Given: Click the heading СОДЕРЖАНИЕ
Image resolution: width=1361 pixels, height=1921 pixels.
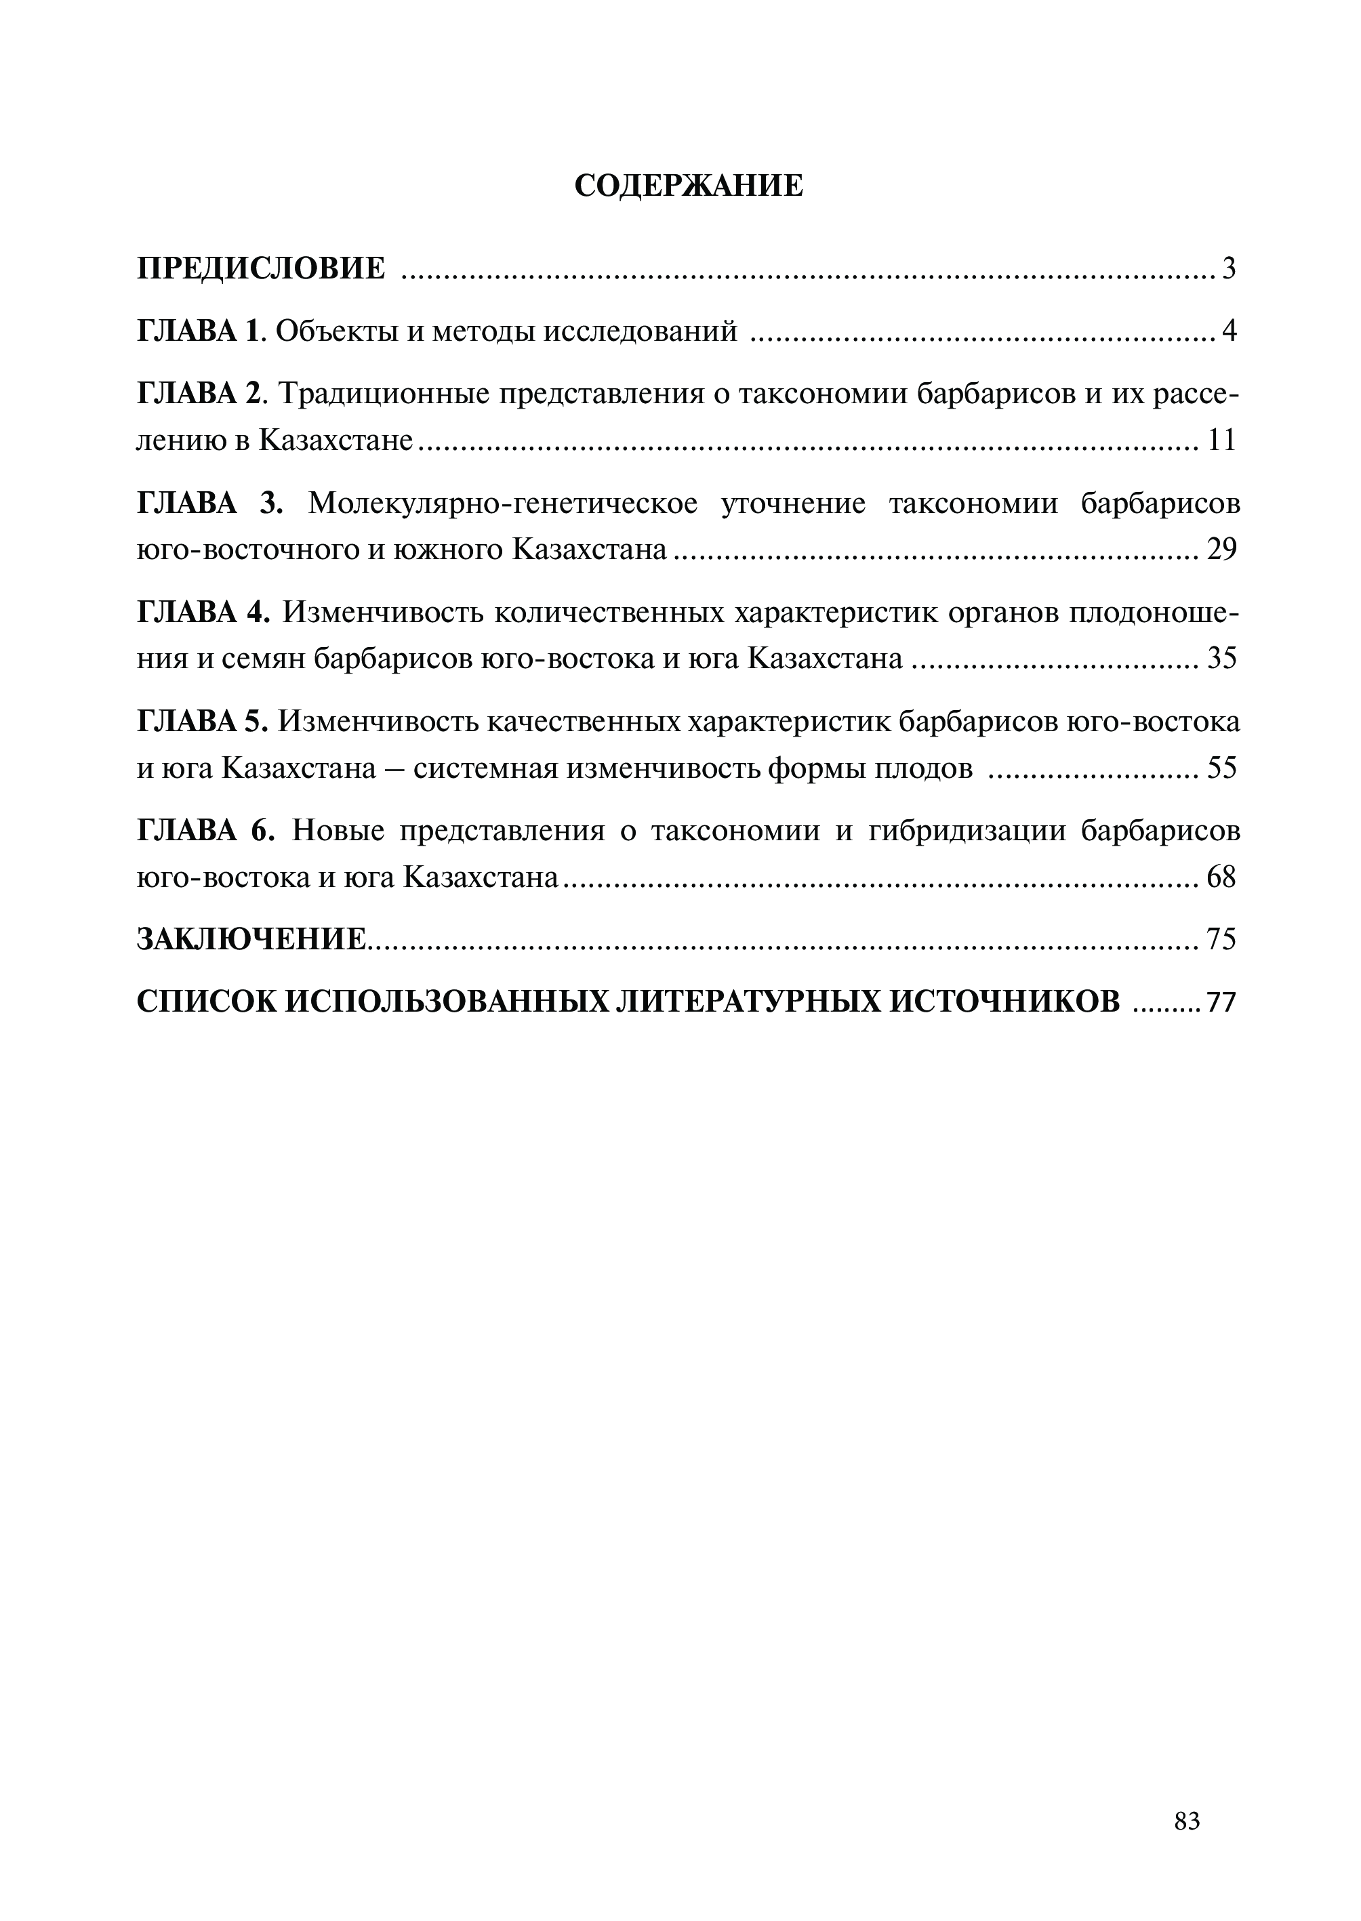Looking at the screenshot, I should (688, 186).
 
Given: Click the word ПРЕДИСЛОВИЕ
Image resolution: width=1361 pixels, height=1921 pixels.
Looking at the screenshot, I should (261, 269).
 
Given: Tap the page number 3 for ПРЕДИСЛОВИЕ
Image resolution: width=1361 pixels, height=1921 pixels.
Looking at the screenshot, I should (1229, 269).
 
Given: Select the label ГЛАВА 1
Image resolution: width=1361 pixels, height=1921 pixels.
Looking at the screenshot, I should (199, 332).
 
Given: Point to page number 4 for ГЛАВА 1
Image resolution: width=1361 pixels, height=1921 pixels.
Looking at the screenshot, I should (1229, 332).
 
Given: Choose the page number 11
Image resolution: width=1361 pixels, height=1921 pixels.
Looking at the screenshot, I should (1222, 440).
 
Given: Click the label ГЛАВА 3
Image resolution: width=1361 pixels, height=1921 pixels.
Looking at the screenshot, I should (209, 503).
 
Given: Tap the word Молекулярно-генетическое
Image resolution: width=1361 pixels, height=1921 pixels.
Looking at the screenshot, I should (503, 503).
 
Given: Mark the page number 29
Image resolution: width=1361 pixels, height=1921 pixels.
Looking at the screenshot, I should (1222, 550).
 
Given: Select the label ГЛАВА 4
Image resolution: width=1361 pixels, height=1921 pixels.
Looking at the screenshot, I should (203, 613).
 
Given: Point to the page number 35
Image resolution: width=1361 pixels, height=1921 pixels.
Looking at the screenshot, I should (1222, 659).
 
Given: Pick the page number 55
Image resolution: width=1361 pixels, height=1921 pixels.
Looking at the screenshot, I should (1222, 768).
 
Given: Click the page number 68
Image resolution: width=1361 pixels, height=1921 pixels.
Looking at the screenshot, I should (1222, 877).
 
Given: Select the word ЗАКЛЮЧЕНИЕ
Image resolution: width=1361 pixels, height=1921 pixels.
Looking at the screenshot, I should (251, 939).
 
